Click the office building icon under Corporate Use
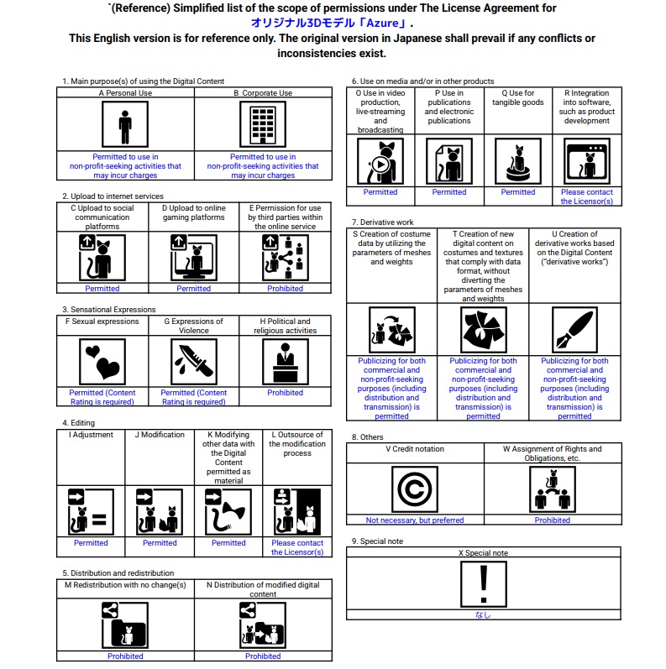262,125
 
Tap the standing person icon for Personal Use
125,125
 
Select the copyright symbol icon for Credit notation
415,489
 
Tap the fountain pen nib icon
574,329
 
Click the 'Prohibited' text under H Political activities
286,392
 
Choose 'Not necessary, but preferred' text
415,520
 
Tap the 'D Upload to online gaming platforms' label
194,212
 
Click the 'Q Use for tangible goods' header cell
517,98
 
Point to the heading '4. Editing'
78,423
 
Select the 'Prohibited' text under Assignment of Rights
553,520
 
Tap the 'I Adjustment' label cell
91,435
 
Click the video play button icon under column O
380,163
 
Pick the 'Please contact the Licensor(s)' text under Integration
587,196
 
